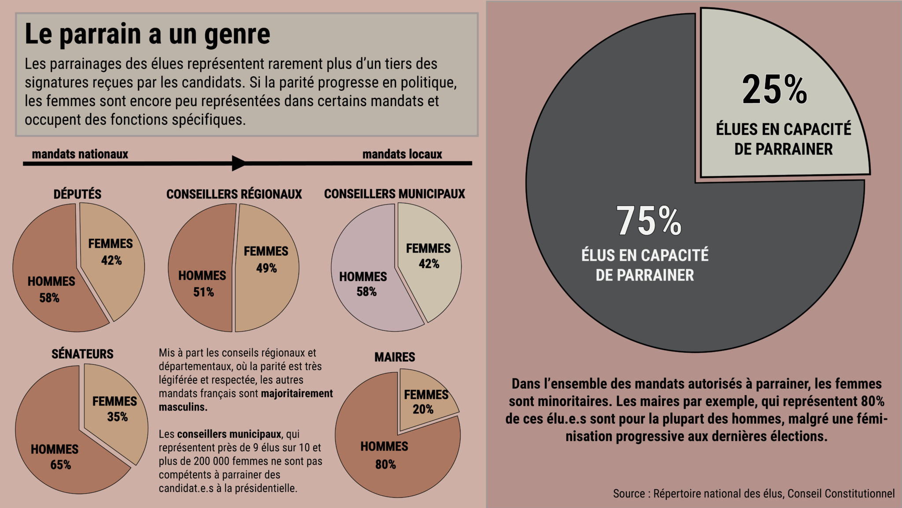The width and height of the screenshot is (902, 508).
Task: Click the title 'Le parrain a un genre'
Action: (x=147, y=34)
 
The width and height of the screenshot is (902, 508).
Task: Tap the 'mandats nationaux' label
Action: (x=80, y=154)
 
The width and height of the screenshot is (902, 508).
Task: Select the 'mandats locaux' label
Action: (x=402, y=154)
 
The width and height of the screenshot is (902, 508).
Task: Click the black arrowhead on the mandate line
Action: (x=238, y=163)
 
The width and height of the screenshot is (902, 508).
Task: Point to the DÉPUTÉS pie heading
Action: (x=78, y=194)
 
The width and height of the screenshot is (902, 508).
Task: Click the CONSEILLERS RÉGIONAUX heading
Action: (x=234, y=194)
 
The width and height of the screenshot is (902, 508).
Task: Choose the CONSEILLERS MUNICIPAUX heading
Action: (x=395, y=194)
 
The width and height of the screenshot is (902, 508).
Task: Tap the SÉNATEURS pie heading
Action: (x=82, y=354)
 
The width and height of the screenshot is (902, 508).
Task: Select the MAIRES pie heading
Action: (x=395, y=357)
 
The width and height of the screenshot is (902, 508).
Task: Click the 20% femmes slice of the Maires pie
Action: (x=423, y=399)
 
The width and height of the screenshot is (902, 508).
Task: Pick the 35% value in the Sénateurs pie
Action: (x=117, y=417)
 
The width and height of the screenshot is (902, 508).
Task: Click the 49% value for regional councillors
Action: (x=266, y=268)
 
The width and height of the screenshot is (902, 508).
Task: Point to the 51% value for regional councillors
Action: (x=203, y=292)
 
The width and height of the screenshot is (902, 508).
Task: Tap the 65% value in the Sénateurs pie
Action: (x=61, y=465)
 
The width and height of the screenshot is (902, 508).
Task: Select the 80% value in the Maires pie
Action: (x=385, y=464)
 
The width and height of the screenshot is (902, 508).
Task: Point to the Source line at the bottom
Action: (x=754, y=493)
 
